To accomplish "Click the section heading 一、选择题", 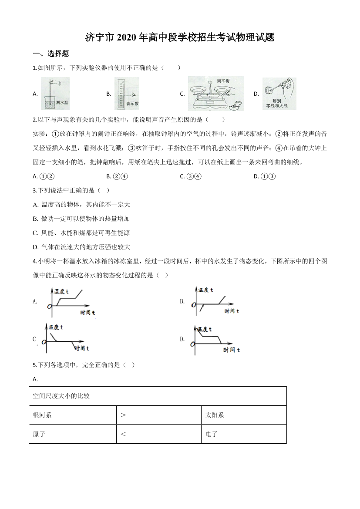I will (51, 54).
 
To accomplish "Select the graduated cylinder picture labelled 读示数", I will (126, 93).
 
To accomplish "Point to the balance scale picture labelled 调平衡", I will (215, 93).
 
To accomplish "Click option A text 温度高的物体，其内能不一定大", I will (82, 204).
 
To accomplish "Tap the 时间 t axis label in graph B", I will (232, 311).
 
